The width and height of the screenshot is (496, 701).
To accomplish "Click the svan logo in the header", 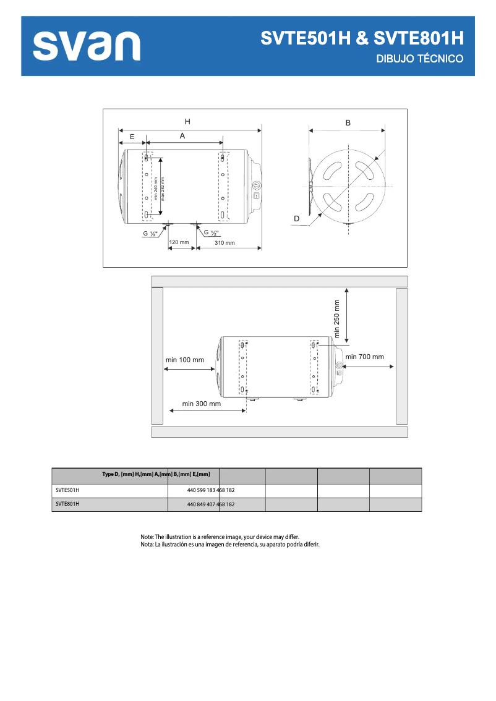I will (x=87, y=46).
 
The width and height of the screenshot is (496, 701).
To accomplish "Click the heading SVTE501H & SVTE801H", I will (x=362, y=38).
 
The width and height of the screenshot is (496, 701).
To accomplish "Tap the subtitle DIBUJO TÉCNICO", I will (x=420, y=59).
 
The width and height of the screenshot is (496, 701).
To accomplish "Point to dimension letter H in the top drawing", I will (x=187, y=121).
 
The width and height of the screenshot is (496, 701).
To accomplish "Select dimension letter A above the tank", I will (x=182, y=135).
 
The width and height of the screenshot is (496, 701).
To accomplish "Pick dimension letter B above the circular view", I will (x=348, y=123).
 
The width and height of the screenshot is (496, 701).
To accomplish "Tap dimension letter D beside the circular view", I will (x=296, y=219).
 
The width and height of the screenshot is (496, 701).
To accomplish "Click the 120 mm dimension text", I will (x=179, y=242).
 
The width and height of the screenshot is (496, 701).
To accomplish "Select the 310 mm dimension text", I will (x=224, y=243).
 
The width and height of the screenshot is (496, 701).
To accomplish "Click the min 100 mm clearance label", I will (x=185, y=360).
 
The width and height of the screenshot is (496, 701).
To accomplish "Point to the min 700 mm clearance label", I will (x=365, y=357).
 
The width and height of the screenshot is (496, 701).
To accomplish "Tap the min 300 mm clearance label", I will (x=202, y=404).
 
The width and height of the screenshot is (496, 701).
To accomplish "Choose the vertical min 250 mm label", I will (x=337, y=318).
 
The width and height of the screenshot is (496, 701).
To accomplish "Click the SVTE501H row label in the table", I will (x=67, y=490).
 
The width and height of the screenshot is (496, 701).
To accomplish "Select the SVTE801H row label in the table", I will (x=67, y=504).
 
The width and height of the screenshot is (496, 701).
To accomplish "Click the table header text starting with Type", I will (x=156, y=475).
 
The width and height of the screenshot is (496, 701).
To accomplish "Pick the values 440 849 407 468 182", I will (x=211, y=504).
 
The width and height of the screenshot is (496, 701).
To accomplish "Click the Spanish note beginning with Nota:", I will (x=229, y=545).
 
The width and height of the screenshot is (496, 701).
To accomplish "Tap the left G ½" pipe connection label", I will (x=150, y=234).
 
